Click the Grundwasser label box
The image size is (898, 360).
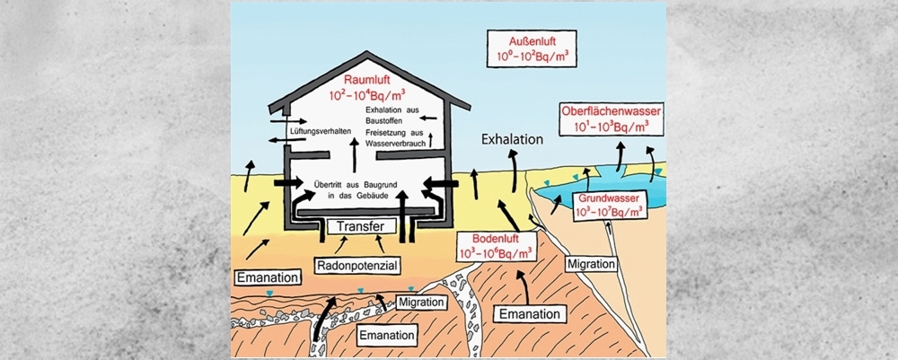coord(611,203)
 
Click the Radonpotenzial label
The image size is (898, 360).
coord(356,266)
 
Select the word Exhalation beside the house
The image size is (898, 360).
coord(513,140)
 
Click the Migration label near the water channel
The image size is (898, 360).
coord(590,265)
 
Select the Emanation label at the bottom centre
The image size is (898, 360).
coord(386,335)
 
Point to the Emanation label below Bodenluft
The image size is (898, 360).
coord(531,314)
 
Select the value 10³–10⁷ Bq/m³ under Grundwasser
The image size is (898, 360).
coord(611,212)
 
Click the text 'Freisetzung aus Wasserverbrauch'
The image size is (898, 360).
coord(399,139)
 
